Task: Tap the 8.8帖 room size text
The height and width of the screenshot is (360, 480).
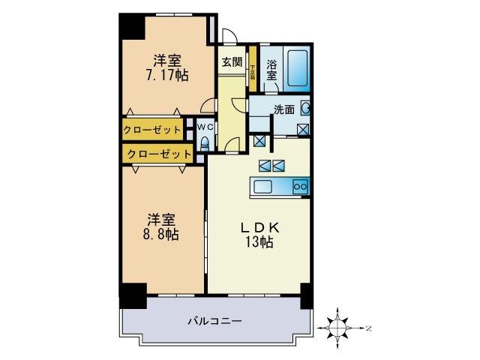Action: coord(161,234)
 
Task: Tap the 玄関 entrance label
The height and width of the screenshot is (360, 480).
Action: coord(232,62)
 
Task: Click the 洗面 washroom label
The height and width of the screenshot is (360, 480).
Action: coord(283,109)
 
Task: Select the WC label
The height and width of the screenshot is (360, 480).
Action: coord(206,127)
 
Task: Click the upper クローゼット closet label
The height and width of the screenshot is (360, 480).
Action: coord(152,130)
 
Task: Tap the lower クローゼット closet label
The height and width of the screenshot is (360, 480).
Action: coord(157,154)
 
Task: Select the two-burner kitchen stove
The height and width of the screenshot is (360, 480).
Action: coord(300,186)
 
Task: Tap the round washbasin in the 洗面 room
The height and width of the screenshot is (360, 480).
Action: coord(306,108)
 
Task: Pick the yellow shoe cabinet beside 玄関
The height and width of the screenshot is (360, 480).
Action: coord(253,69)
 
